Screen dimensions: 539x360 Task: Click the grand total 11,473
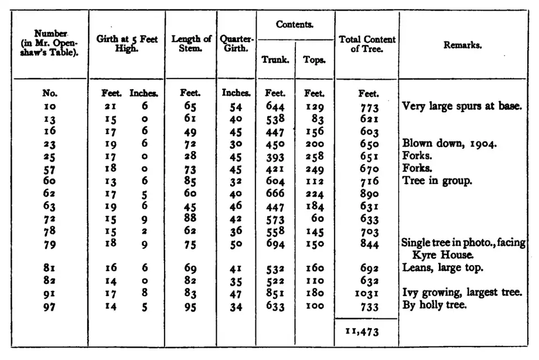point(363,331)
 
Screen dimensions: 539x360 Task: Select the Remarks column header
point(462,45)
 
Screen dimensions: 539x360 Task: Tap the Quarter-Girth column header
point(236,44)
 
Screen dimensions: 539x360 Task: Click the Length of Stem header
point(191,44)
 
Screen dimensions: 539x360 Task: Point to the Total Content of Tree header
point(367,44)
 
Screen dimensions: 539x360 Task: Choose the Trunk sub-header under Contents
point(275,60)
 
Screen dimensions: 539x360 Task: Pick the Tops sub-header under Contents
point(314,60)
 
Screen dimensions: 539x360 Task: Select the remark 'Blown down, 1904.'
point(449,144)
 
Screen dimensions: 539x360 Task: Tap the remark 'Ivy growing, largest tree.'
point(462,293)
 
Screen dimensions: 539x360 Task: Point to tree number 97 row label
point(50,306)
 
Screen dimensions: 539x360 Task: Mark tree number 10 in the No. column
point(50,107)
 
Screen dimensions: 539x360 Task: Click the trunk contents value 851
point(275,293)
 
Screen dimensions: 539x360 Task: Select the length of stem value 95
point(191,306)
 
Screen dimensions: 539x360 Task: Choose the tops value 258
point(314,156)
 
